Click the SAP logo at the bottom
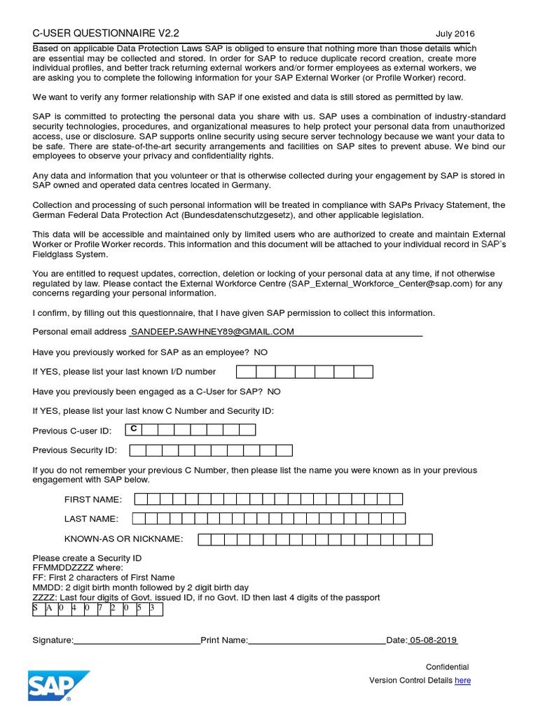[x=59, y=685]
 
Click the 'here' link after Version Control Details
[x=462, y=681]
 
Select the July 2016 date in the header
[x=455, y=34]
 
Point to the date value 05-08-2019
[x=434, y=640]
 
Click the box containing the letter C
[x=133, y=429]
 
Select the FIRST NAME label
[x=93, y=499]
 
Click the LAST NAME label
[x=91, y=519]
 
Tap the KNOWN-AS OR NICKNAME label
[x=123, y=539]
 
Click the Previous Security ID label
[x=75, y=450]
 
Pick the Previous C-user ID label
[x=72, y=431]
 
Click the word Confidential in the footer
[x=448, y=667]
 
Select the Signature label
[x=53, y=641]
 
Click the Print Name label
[x=224, y=641]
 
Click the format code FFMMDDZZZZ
[x=64, y=568]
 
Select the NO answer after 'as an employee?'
[x=261, y=351]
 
